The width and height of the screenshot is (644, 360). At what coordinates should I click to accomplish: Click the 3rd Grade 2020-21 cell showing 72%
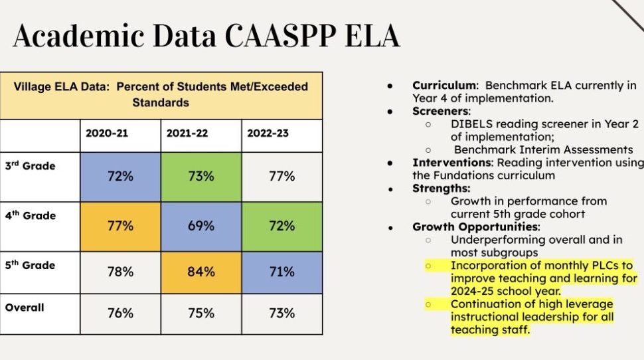point(120,176)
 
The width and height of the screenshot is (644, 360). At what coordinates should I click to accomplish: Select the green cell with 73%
point(201,176)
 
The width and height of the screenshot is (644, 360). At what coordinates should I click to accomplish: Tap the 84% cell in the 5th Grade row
point(201,272)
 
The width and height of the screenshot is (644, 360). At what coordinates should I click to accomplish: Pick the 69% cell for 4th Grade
point(201,226)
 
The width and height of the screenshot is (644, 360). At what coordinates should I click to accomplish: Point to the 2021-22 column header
point(187,133)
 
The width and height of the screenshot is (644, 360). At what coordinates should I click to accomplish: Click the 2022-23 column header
point(268,133)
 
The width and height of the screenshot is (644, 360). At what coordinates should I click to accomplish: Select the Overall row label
point(25,308)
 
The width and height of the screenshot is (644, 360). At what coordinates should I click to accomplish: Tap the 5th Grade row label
point(30,265)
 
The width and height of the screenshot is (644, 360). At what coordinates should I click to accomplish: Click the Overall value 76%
point(120,313)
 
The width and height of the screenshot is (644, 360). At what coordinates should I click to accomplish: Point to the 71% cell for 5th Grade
point(282,272)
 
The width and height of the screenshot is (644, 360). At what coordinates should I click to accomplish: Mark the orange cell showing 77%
point(120,226)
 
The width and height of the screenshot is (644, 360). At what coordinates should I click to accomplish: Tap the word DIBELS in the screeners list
point(471,124)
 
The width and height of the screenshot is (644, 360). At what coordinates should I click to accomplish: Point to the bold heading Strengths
point(440,188)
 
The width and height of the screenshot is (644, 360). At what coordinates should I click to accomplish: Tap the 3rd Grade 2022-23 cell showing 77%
point(282,176)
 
